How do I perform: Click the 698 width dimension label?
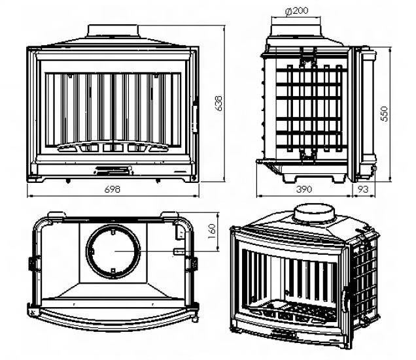pos(112,189)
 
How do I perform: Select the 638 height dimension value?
pos(219,103)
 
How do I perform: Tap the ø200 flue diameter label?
pos(296,11)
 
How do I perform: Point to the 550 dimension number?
pos(384,114)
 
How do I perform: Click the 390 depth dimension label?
pos(304,189)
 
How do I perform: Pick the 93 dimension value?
pos(363,189)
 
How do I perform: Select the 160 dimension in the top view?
pos(212,231)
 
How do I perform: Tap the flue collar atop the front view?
pos(113,31)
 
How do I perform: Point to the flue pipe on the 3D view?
pos(314,213)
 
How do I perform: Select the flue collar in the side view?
pos(296,30)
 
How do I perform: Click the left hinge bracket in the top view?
pos(34,263)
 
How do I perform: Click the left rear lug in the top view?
pos(56,215)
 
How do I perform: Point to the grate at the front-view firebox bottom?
pos(113,146)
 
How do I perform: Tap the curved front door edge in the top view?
pos(114,321)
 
